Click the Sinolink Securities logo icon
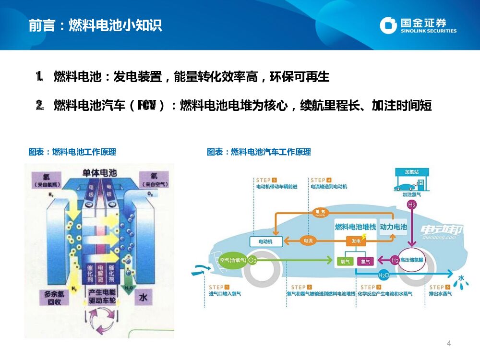tap(388, 25)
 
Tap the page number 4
tap(449, 343)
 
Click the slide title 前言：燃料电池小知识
tap(95, 25)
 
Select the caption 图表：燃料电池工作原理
tap(72, 152)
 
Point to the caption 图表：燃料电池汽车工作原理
tap(259, 152)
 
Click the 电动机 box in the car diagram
tap(265, 241)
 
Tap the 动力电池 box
tap(393, 227)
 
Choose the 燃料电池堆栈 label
tap(356, 227)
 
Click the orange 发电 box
tap(356, 241)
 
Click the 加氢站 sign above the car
tap(411, 172)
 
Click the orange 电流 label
tap(308, 240)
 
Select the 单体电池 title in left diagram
tap(99, 173)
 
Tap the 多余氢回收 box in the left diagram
tap(54, 298)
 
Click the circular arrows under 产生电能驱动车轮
tap(100, 321)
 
